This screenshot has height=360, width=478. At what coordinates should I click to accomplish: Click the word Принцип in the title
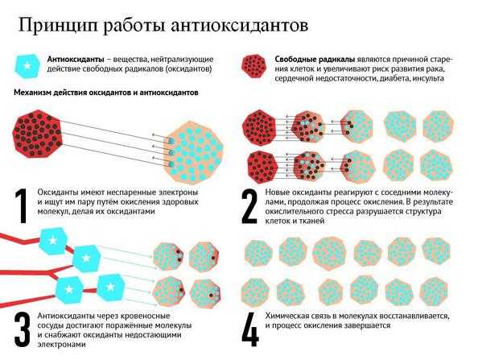(59, 26)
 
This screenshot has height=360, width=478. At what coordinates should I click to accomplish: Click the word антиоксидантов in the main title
(239, 25)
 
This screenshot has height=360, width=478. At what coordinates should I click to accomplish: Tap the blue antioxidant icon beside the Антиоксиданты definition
(27, 66)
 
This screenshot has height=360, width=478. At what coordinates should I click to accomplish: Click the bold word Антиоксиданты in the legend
(76, 59)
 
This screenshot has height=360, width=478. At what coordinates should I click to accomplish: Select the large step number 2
(249, 206)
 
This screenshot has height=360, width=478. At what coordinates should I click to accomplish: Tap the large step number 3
(23, 329)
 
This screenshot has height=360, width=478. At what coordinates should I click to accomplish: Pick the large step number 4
(250, 329)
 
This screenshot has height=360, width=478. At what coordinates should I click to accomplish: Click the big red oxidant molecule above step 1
(38, 134)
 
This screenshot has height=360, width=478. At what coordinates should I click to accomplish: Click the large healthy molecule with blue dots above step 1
(194, 152)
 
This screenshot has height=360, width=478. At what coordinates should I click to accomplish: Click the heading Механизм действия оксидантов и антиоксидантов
(106, 93)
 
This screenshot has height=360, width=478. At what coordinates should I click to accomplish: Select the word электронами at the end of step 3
(62, 345)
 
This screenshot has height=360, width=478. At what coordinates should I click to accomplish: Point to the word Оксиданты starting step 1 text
(58, 192)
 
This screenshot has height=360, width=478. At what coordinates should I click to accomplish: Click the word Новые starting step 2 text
(277, 192)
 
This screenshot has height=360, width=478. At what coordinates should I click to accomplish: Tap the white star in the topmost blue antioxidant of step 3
(53, 241)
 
